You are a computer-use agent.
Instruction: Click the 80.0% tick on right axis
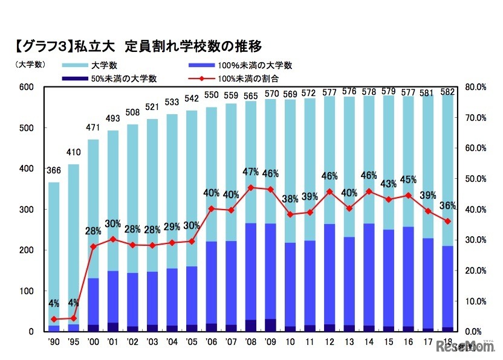476,88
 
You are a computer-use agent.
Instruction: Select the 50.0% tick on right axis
476,179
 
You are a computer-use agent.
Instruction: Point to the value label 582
448,91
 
